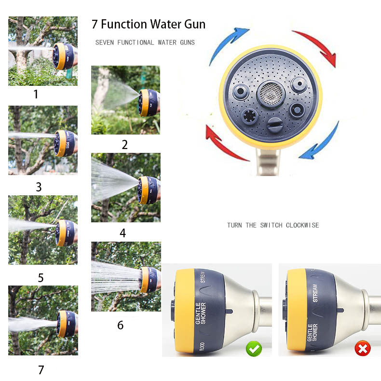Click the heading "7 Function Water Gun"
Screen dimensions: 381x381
click(149, 24)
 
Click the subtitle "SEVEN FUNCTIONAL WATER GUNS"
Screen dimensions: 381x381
click(145, 42)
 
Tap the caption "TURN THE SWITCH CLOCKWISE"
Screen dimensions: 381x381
click(273, 225)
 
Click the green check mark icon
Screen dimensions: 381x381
click(254, 349)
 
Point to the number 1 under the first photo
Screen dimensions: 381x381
click(36, 94)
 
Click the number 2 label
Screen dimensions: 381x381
click(124, 144)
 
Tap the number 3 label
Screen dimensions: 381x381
click(39, 187)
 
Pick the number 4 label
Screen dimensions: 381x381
click(122, 233)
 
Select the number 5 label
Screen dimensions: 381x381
click(41, 278)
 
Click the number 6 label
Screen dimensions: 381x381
click(120, 325)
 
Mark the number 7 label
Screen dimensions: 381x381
click(41, 370)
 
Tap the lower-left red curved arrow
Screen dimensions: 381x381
click(223, 142)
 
